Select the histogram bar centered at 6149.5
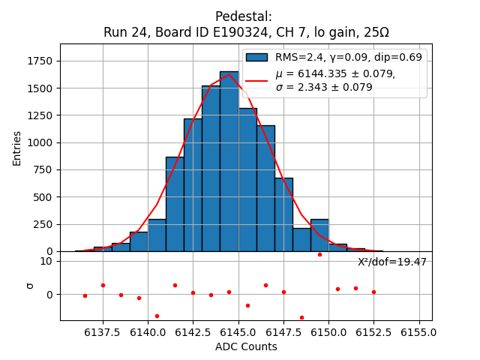click(x=319, y=235)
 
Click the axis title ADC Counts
click(x=246, y=346)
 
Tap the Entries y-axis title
click(x=17, y=148)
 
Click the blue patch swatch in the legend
click(x=256, y=57)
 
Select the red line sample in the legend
click(x=256, y=80)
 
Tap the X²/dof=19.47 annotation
click(x=391, y=262)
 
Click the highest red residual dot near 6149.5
click(x=319, y=254)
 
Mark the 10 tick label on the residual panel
click(x=46, y=261)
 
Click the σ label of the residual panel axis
click(x=29, y=285)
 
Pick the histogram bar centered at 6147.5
click(x=283, y=214)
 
